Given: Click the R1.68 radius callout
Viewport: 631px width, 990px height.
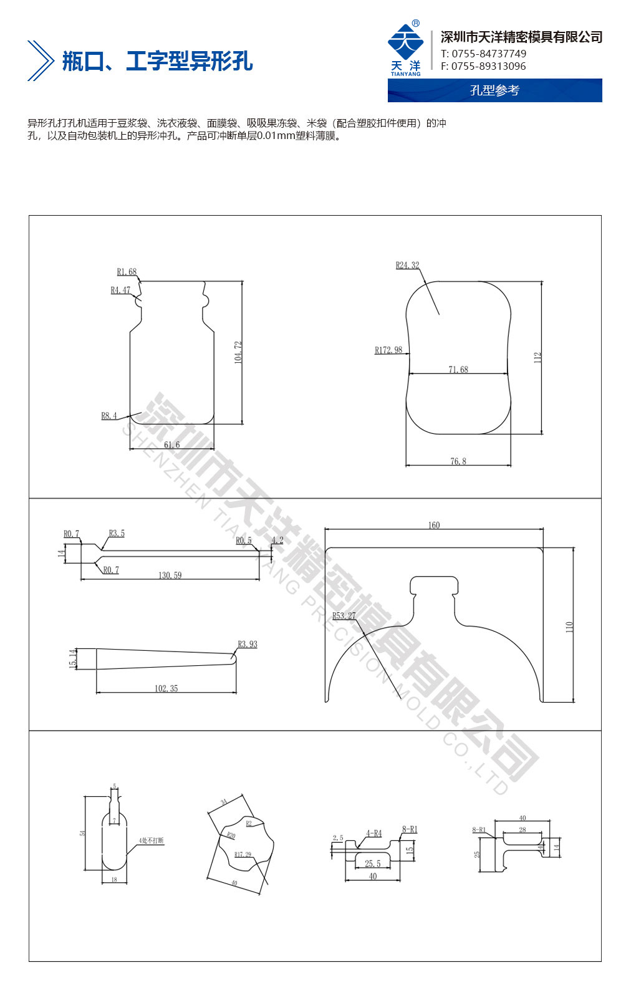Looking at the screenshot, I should coord(127,272).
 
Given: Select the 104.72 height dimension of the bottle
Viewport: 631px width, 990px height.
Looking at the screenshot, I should coord(238,352).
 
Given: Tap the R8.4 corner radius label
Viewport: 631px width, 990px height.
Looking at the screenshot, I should coord(109,416).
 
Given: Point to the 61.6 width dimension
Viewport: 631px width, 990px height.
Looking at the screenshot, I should coord(171,445).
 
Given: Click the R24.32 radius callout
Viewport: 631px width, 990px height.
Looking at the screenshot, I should coord(407,266).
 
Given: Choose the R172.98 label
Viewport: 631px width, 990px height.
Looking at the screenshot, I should coord(388,350).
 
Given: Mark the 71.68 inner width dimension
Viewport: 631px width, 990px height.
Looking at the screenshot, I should coord(458,370).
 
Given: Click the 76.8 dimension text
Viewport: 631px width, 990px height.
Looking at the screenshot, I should coord(458,461).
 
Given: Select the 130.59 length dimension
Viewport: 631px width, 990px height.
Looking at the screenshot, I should coord(170,575).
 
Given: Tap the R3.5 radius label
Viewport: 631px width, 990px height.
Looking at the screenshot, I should coord(117,534).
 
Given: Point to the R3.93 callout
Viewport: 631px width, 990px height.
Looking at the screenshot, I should coord(247,644).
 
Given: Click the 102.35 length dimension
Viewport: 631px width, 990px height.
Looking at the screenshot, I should coord(166,688).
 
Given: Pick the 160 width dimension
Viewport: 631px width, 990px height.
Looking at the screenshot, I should coord(434,525).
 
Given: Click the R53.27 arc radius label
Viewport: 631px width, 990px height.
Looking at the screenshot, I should coord(344,616).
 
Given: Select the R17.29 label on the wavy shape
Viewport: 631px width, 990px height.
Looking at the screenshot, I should coord(243,855).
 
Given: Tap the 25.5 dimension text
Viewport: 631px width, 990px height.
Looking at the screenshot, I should coord(372,863).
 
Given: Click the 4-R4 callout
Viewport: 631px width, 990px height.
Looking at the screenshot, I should coord(373,833).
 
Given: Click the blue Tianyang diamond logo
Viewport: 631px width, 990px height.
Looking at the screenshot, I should coord(405,43).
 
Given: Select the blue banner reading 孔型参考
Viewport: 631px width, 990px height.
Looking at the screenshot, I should coord(494,90).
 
